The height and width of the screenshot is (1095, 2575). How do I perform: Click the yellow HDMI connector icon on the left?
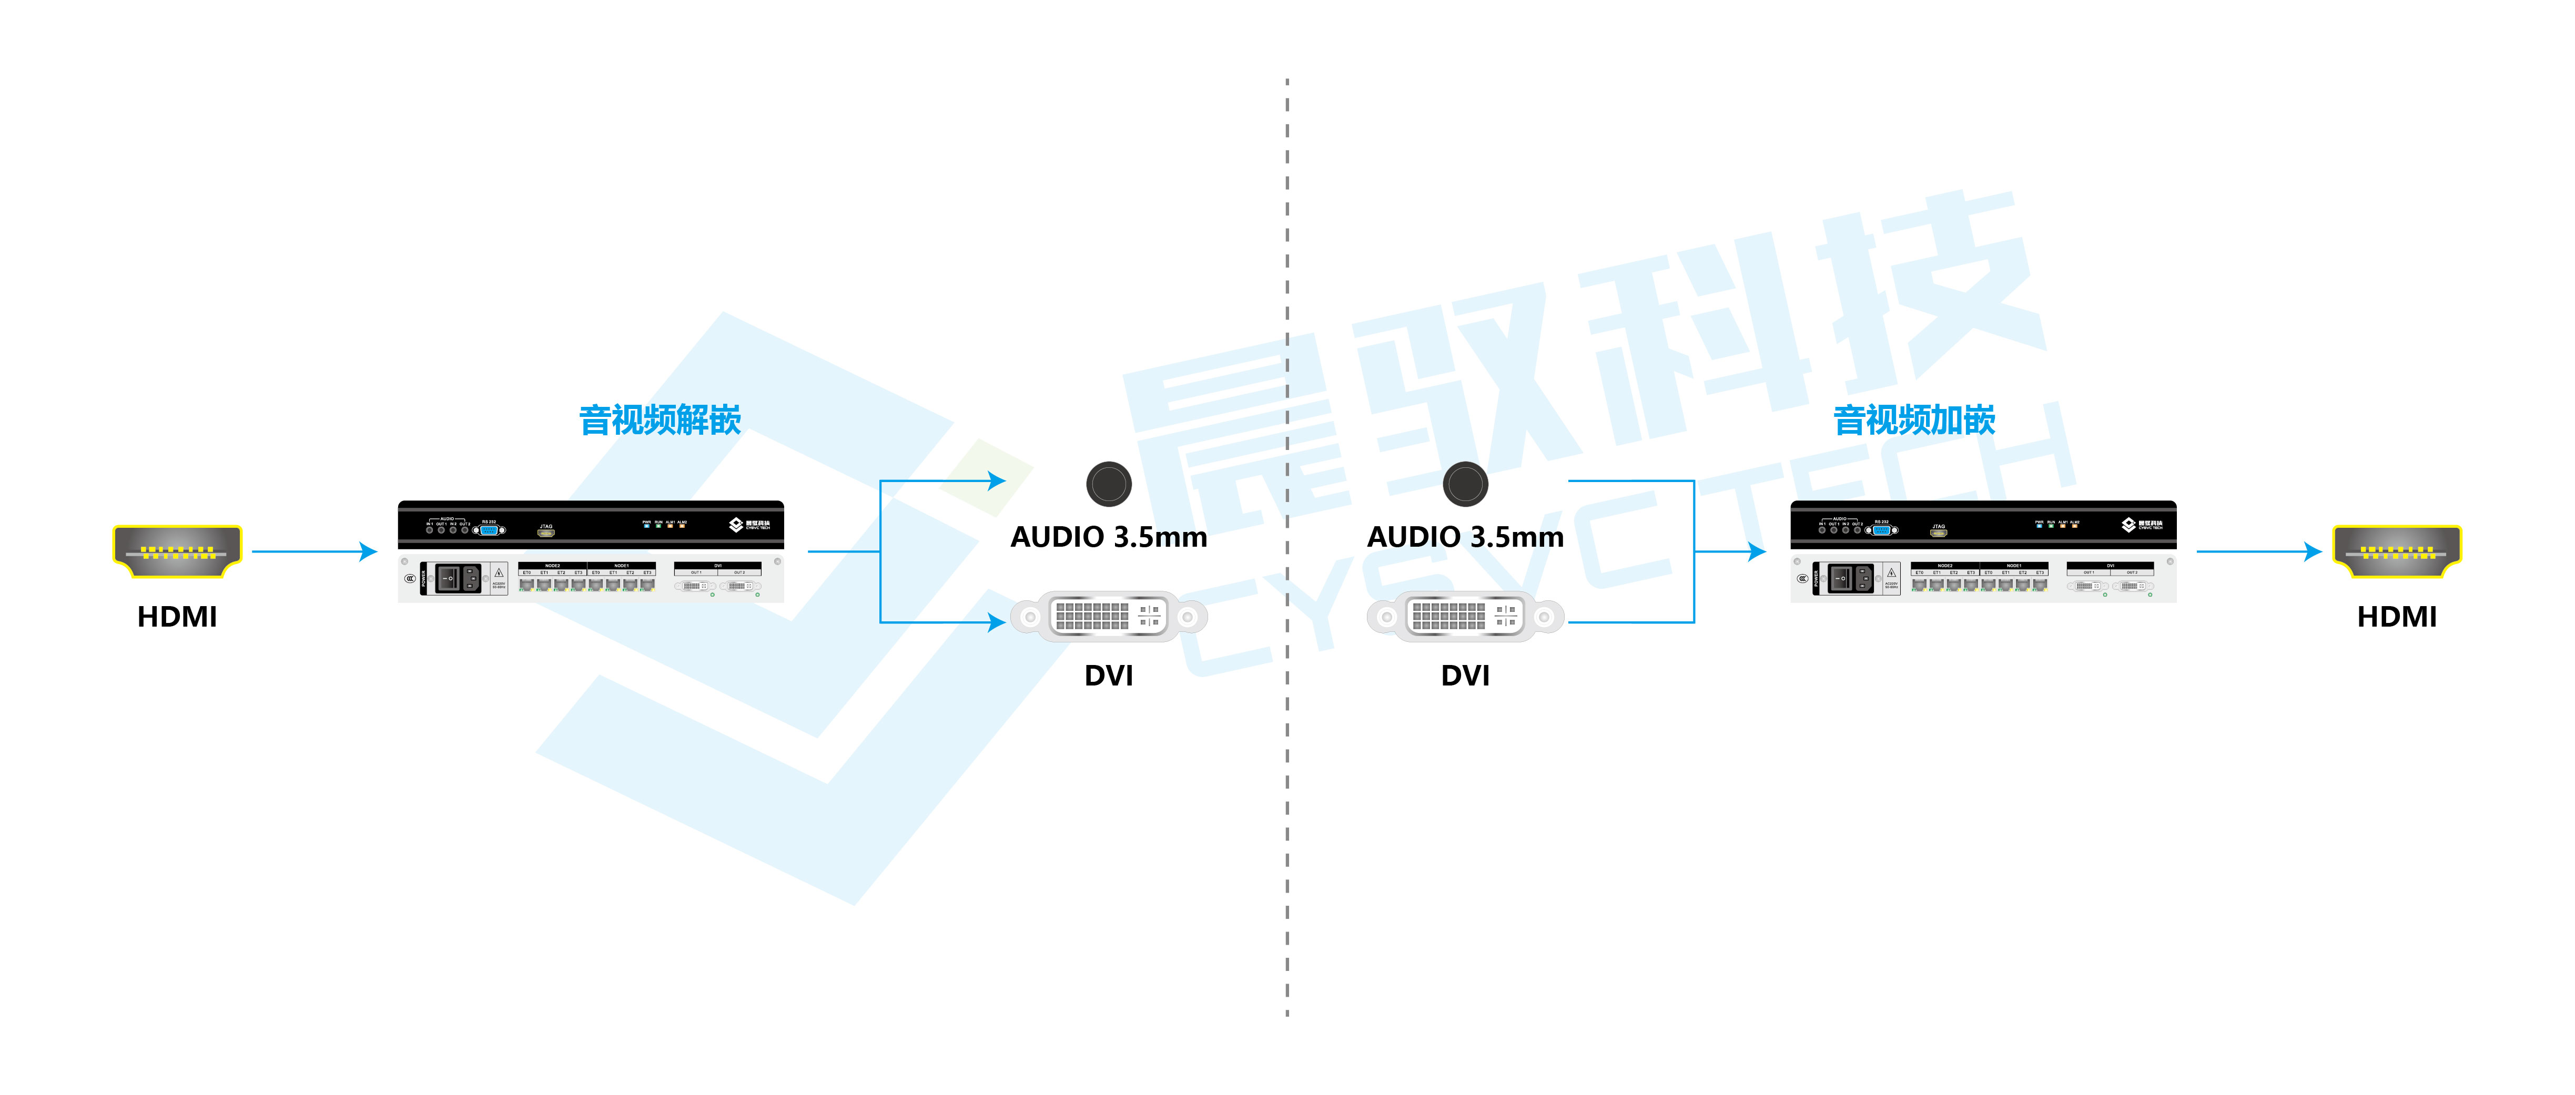point(177,550)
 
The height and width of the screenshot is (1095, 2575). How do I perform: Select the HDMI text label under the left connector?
point(177,617)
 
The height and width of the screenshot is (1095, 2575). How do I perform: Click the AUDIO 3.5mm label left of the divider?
point(1109,537)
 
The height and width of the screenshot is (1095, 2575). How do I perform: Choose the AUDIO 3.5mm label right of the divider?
point(1465,537)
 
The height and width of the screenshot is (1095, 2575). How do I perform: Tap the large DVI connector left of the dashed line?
point(1109,617)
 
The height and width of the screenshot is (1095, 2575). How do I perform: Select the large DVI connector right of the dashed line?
point(1465,617)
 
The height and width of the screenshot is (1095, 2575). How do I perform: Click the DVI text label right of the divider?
point(1465,676)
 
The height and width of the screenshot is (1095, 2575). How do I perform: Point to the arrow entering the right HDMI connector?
point(2259,550)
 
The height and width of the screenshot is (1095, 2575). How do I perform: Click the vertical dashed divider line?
point(1287,799)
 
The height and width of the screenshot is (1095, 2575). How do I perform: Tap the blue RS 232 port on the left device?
point(489,530)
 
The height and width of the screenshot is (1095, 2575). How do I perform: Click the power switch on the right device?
point(1841,578)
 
